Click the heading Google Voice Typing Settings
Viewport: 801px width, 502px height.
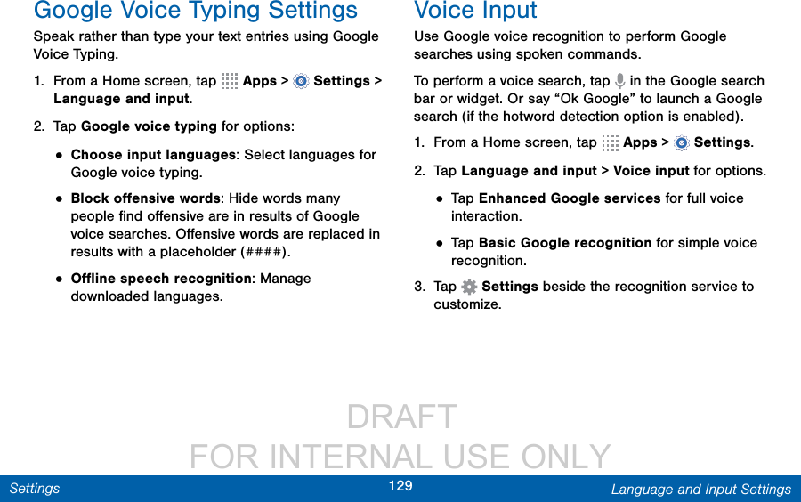(196, 11)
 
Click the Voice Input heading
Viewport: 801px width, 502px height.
(475, 11)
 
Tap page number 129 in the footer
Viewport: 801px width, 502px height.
(400, 486)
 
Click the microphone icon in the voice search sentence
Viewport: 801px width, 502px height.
(619, 81)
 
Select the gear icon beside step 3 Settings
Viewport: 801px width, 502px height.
(469, 287)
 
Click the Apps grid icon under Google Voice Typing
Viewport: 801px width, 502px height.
(230, 81)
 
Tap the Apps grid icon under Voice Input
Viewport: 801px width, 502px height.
(610, 143)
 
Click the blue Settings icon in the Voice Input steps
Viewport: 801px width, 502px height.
(682, 143)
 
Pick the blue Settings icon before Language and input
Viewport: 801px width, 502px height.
(302, 81)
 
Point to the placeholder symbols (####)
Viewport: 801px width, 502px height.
(264, 252)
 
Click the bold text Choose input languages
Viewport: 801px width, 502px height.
(153, 155)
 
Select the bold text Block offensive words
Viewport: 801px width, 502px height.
(146, 198)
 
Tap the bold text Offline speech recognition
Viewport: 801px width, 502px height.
(161, 279)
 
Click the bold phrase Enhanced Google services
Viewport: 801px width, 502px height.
(570, 198)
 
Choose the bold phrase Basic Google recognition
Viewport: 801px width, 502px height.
(565, 243)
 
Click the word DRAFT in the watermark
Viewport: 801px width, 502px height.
(401, 417)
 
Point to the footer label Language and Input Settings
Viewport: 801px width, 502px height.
(701, 490)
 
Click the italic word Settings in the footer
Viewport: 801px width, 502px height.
(35, 489)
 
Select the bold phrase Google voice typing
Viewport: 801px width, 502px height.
(150, 126)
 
